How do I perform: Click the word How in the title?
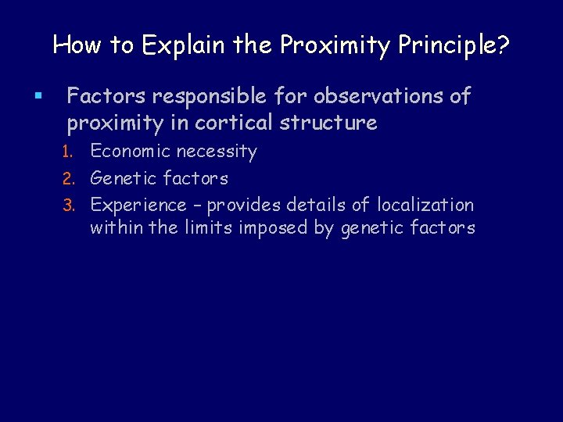coord(72,45)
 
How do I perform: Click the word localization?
coord(425,206)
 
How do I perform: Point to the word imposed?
coord(277,229)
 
